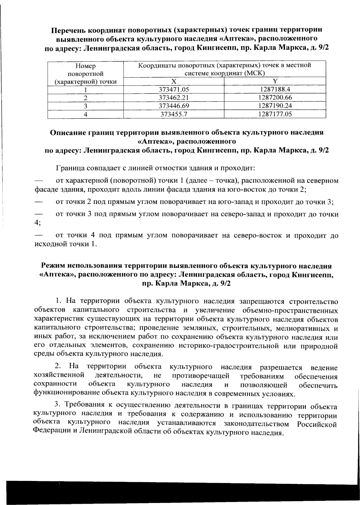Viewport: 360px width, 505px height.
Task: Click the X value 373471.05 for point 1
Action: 174,89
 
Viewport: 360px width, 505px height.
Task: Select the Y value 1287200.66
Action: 275,98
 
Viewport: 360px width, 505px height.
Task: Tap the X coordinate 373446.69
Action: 174,106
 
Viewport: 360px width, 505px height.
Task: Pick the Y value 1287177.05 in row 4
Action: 275,114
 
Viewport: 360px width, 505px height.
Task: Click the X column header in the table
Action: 174,81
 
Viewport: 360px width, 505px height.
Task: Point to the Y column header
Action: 275,81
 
